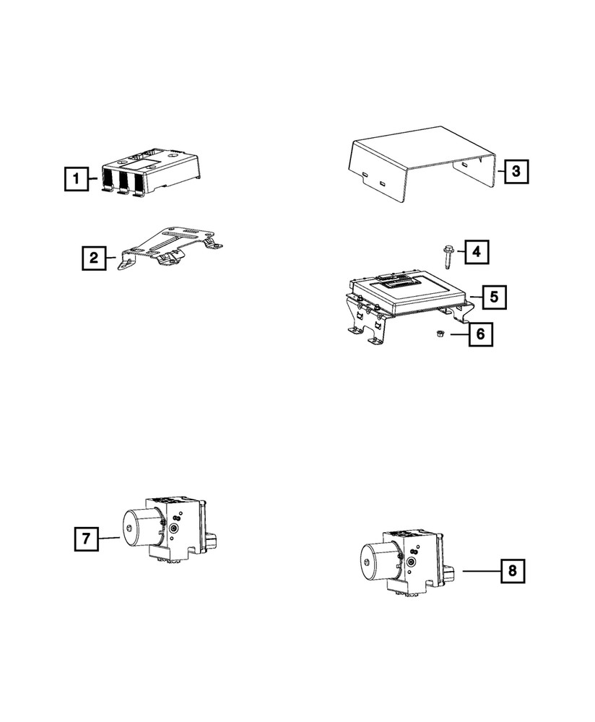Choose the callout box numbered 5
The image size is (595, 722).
point(493,296)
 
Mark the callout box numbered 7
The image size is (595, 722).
point(85,538)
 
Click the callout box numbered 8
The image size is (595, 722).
point(512,571)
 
